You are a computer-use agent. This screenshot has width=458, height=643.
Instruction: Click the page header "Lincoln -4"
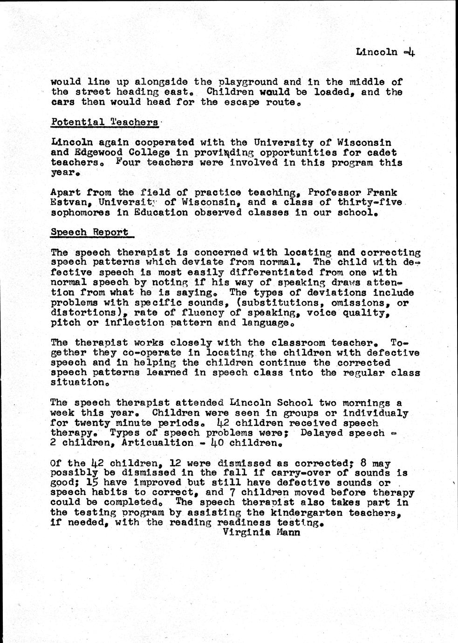385,52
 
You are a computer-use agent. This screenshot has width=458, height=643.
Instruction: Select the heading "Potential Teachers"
104,122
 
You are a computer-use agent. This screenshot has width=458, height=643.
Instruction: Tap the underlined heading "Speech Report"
89,232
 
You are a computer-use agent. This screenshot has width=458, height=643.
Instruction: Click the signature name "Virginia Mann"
261,532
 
